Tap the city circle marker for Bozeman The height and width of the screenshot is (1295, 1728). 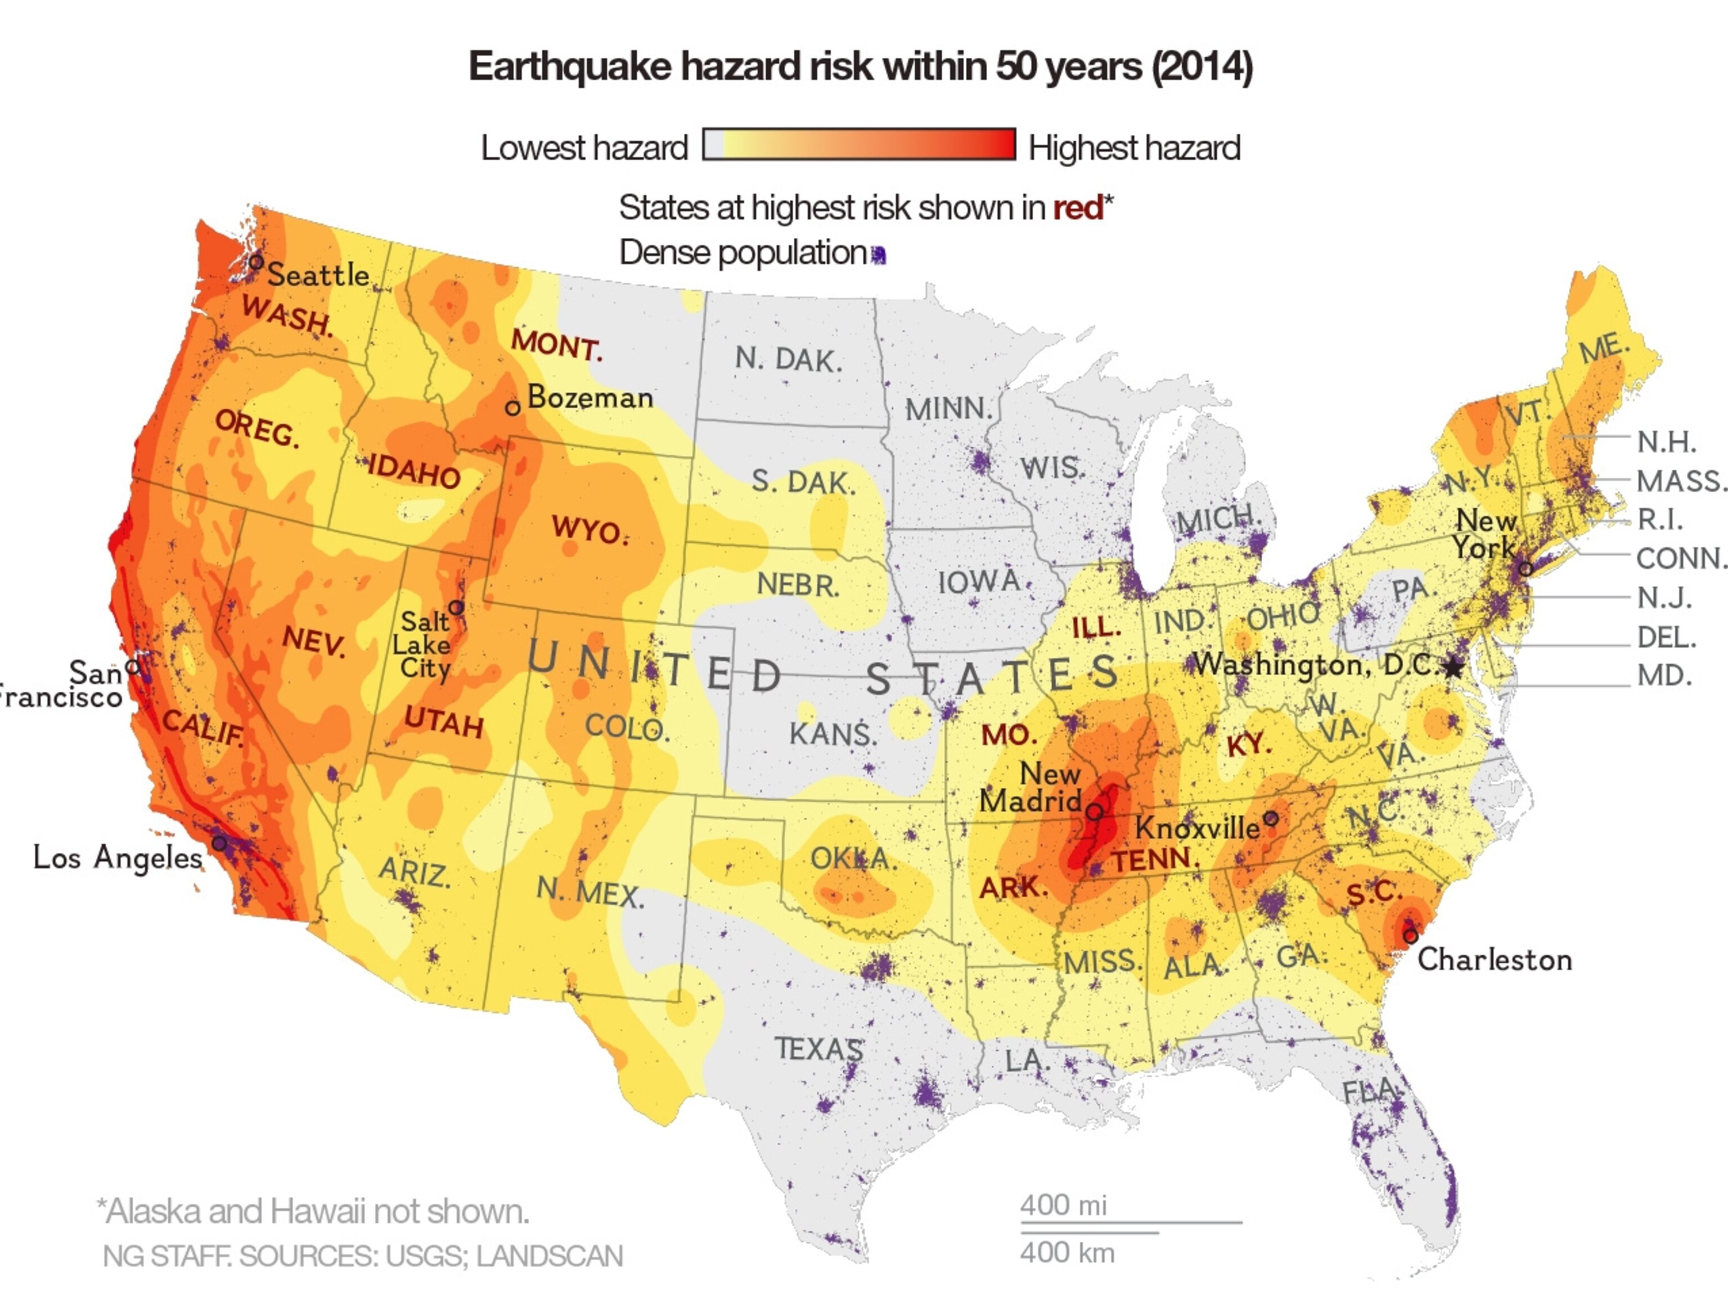512,408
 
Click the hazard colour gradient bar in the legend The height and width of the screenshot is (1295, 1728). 859,145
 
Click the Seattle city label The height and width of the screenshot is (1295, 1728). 318,275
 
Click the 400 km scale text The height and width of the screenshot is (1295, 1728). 1067,1253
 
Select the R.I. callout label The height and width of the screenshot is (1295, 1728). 1659,518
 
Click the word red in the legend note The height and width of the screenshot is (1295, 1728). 1077,207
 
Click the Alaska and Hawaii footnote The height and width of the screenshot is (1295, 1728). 313,1211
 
